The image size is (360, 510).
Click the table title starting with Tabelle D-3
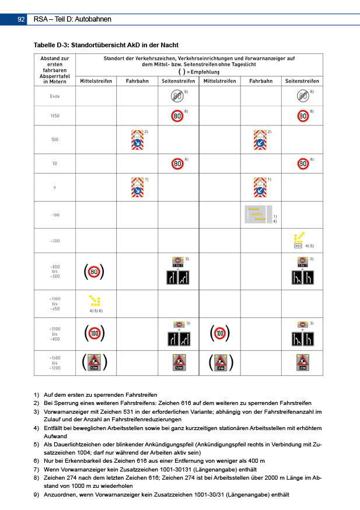coord(106,45)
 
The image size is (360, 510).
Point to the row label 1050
coord(55,116)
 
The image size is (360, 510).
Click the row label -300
coord(55,240)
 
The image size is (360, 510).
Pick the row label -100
coord(55,215)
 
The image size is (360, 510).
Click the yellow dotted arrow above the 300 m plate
coord(300,236)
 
